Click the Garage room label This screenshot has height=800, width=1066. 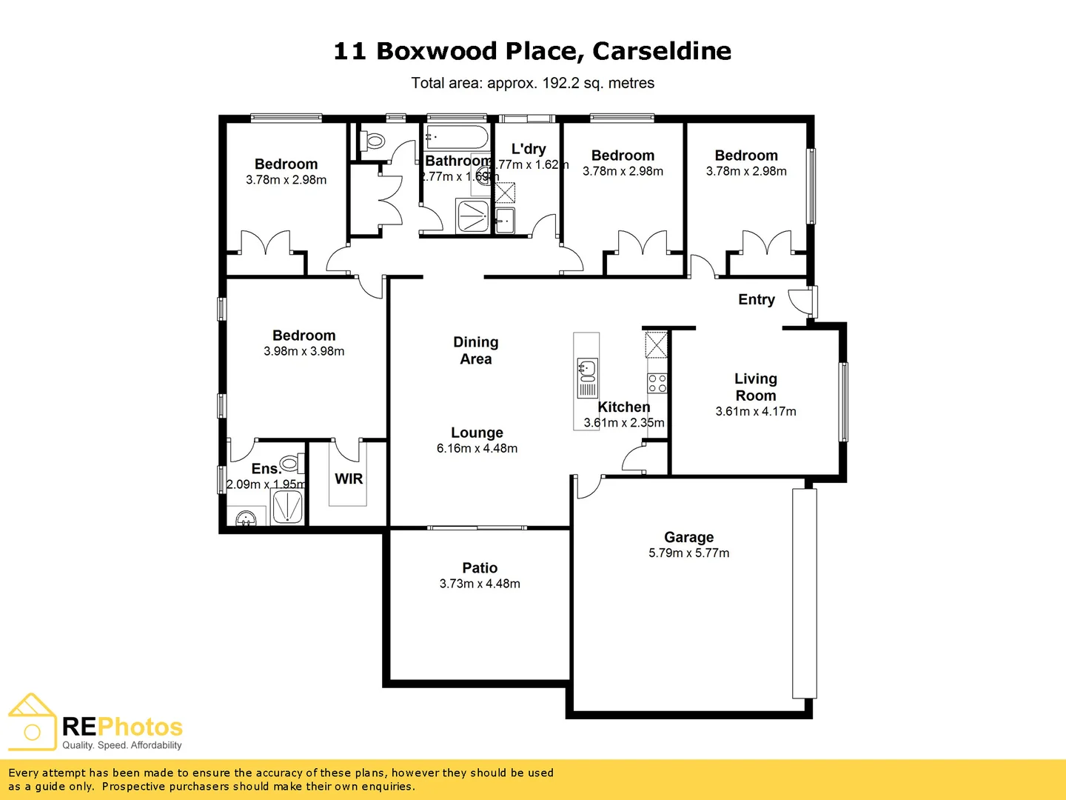point(688,537)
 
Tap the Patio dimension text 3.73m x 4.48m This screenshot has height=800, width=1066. point(480,584)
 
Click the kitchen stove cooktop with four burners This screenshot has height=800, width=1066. point(657,383)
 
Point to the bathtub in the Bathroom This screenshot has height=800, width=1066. point(456,137)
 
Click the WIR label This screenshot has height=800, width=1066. point(349,479)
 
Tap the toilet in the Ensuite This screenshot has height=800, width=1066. point(289,464)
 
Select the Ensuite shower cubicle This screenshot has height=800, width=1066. point(287,507)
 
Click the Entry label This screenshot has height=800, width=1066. point(756,299)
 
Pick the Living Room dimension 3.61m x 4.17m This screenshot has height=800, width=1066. point(755,411)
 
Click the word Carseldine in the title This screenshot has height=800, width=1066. point(661,51)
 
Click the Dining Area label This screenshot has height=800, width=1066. point(475,350)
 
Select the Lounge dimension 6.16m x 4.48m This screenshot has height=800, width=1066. point(477,448)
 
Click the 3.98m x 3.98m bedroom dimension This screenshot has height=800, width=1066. point(304,351)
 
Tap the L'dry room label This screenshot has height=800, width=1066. point(528,149)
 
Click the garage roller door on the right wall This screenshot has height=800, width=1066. point(804,593)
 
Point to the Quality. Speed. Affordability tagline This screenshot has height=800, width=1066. point(121,745)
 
